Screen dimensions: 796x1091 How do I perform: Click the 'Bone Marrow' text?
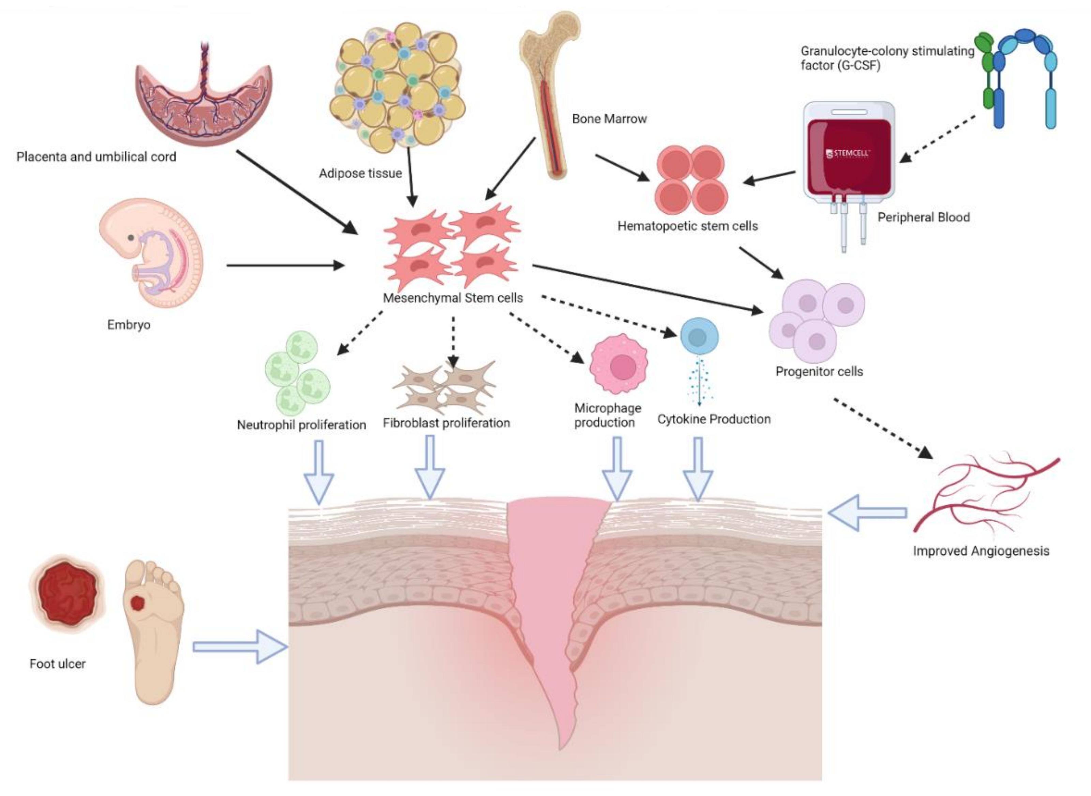pos(609,119)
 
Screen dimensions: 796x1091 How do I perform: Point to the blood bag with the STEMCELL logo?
pos(849,154)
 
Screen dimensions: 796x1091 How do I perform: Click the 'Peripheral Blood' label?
pos(923,217)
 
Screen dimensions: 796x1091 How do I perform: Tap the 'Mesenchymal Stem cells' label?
pos(453,298)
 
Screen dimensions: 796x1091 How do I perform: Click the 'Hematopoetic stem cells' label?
pos(687,226)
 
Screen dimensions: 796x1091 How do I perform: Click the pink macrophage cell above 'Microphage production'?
pos(618,365)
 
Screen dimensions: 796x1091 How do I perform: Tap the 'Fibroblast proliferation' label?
pos(446,423)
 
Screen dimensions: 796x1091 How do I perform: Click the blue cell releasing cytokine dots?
pos(699,336)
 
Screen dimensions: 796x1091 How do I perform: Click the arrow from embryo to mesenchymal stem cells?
pos(284,265)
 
